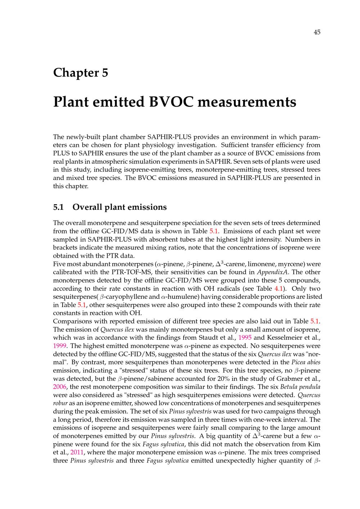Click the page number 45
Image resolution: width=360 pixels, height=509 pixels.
(x=317, y=32)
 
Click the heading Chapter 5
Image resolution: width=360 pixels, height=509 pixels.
(x=81, y=73)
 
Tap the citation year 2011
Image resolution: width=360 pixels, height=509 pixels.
(x=77, y=452)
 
